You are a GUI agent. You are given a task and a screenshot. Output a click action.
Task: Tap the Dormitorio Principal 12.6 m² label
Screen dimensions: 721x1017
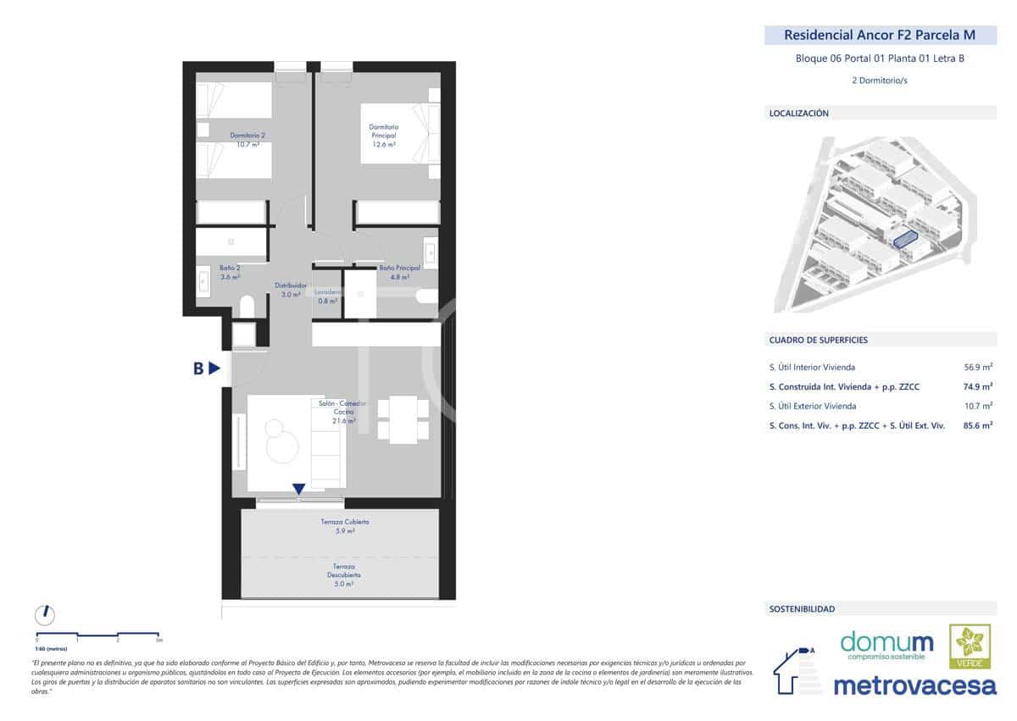coord(383,136)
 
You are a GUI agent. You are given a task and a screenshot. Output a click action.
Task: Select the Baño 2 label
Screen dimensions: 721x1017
coord(230,272)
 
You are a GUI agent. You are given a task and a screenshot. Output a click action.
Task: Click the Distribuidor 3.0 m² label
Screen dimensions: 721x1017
coord(291,290)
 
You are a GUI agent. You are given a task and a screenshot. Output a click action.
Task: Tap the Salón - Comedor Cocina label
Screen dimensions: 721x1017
coord(337,412)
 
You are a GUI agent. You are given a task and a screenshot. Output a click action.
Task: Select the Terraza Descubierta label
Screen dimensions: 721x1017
coord(343,574)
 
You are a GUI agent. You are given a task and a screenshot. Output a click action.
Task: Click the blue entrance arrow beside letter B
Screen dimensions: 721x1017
coord(215,368)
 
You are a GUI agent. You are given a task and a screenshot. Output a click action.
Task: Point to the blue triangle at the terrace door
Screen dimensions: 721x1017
coord(298,489)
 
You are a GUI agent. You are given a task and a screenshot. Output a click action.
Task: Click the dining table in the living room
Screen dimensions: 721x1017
coord(403,419)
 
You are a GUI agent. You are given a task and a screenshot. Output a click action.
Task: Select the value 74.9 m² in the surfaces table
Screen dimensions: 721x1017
coord(978,386)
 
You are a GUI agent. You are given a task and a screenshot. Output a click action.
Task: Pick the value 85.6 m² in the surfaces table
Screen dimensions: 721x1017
coord(978,425)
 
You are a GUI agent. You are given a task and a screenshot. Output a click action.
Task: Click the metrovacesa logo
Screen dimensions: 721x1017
coord(915,685)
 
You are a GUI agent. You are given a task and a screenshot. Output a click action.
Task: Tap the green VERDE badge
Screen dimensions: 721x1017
coord(970,646)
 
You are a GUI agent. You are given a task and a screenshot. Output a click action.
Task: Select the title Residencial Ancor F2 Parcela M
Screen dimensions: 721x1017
coord(880,36)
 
